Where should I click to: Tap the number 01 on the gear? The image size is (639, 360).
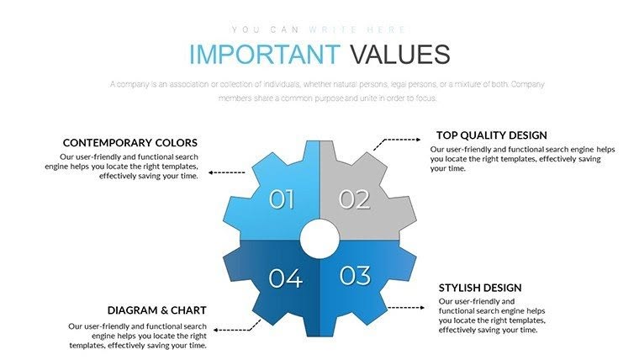(x=282, y=199)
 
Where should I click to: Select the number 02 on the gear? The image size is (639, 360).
(x=355, y=199)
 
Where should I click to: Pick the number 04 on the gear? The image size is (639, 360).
(x=285, y=277)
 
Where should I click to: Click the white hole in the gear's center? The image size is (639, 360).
(x=319, y=238)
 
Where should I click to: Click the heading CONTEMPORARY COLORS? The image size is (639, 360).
(x=130, y=143)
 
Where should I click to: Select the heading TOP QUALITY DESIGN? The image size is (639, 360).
(x=491, y=135)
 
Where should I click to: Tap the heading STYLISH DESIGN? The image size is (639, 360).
(x=480, y=288)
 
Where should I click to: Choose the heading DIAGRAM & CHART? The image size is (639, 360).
(x=157, y=310)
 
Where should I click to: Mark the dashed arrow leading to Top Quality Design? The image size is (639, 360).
(x=395, y=142)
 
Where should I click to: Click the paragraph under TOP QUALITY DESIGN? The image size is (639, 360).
(x=522, y=158)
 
